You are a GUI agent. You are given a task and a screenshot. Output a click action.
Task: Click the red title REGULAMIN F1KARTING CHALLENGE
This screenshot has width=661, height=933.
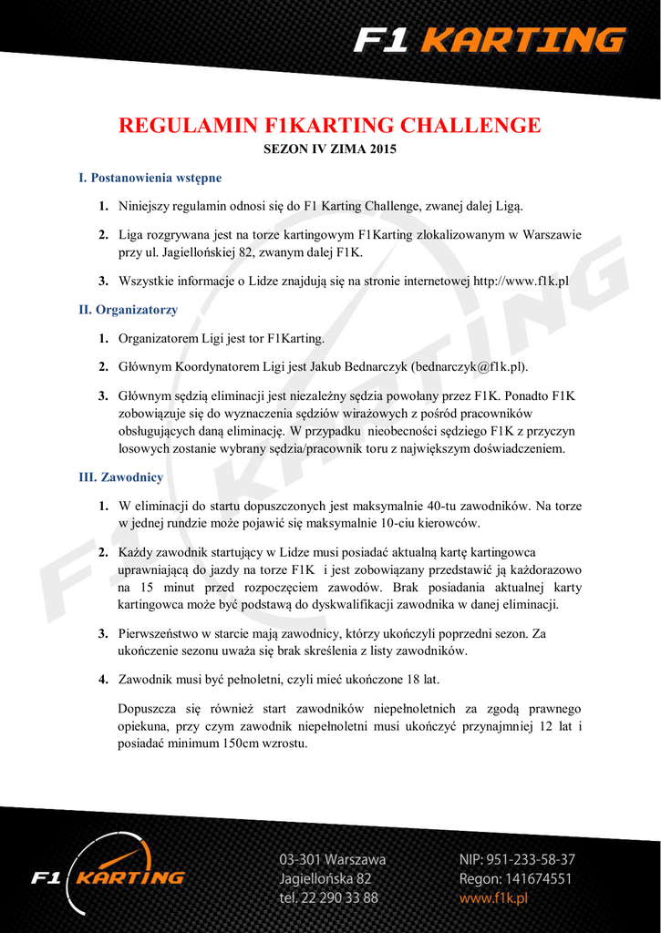pyautogui.click(x=330, y=125)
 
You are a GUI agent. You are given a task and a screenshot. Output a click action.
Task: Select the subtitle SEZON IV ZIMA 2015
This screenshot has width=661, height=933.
pyautogui.click(x=330, y=148)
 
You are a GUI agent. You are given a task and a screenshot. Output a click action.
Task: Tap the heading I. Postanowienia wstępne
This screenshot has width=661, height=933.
pyautogui.click(x=150, y=178)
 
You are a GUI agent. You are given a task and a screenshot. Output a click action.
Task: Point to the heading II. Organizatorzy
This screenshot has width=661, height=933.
pyautogui.click(x=129, y=310)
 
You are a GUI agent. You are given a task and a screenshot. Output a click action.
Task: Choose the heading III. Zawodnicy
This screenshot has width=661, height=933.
pyautogui.click(x=121, y=477)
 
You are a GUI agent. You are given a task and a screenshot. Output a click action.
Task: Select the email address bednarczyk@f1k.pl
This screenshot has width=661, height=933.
pyautogui.click(x=469, y=366)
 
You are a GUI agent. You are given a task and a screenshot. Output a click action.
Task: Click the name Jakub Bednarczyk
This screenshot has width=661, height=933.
pyautogui.click(x=358, y=366)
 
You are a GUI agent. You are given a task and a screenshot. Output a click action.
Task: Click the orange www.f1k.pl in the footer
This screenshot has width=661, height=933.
pyautogui.click(x=493, y=897)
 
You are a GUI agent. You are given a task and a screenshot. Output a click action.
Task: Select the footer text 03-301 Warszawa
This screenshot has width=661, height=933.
pyautogui.click(x=332, y=859)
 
